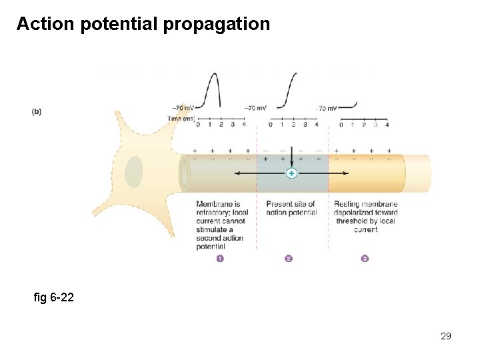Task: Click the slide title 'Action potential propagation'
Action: (x=143, y=25)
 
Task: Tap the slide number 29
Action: (x=446, y=336)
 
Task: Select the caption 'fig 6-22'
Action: (x=53, y=297)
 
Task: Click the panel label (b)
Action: (x=36, y=112)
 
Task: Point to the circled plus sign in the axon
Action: (x=291, y=173)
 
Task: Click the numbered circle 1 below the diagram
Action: (x=220, y=259)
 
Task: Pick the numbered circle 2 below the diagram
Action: (x=289, y=259)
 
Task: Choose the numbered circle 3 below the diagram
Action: (x=365, y=259)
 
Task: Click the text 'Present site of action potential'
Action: (x=291, y=208)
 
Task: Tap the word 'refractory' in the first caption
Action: (x=212, y=213)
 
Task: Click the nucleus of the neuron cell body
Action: (x=133, y=171)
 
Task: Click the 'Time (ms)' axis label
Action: (x=181, y=118)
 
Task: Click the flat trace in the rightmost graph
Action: (x=349, y=106)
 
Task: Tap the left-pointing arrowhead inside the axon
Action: (x=235, y=173)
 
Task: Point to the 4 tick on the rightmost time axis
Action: (x=387, y=124)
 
